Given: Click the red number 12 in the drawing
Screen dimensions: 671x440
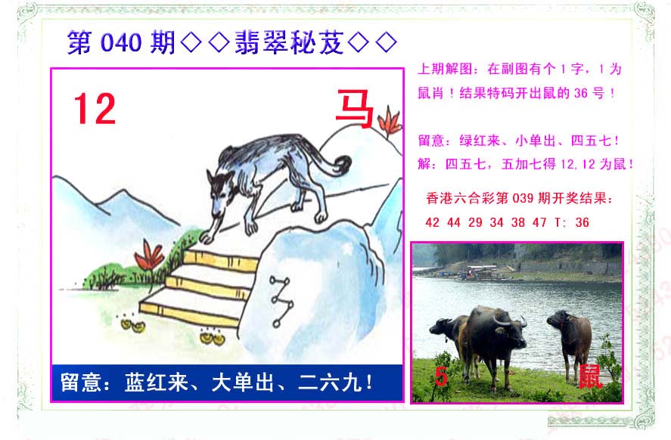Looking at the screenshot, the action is click(95, 109).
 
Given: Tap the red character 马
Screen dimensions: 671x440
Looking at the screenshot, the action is click(355, 109).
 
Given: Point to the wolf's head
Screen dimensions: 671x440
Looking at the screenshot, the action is click(219, 192).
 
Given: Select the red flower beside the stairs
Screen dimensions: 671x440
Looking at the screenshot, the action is click(148, 256).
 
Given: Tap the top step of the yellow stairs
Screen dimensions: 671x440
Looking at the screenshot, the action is click(220, 258).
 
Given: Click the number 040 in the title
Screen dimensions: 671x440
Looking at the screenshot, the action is click(121, 42).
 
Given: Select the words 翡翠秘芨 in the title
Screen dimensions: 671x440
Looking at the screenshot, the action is click(289, 42).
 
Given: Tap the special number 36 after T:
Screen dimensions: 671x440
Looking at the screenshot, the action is click(582, 222).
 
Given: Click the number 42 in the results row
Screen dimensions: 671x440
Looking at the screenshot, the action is click(432, 222).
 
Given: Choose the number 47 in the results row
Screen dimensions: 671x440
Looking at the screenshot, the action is click(539, 222).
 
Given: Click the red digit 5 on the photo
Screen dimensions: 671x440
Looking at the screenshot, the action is click(441, 376).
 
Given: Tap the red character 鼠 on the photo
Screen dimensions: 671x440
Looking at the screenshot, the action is click(591, 376).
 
